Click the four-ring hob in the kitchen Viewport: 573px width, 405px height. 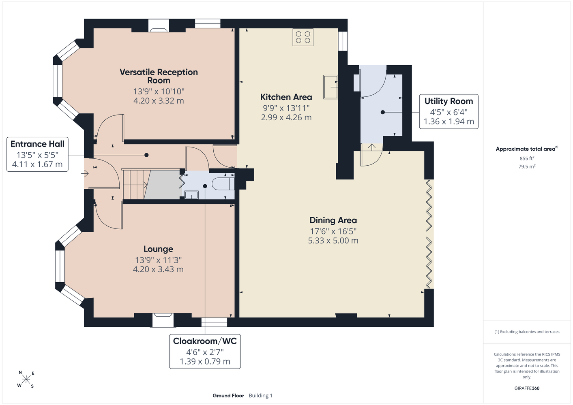pyautogui.click(x=303, y=37)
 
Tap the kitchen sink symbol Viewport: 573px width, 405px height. pyautogui.click(x=330, y=87)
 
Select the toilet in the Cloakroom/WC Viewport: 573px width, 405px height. pyautogui.click(x=223, y=184)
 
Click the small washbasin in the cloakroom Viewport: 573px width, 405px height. pyautogui.click(x=191, y=195)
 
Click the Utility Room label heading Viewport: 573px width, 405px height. pyautogui.click(x=449, y=101)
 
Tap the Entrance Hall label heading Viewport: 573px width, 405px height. pyautogui.click(x=37, y=144)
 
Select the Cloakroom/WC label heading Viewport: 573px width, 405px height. pyautogui.click(x=205, y=341)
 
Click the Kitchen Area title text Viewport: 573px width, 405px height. pyautogui.click(x=286, y=97)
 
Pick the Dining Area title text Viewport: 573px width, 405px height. pyautogui.click(x=333, y=220)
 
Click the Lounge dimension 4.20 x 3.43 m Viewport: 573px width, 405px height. pyautogui.click(x=158, y=269)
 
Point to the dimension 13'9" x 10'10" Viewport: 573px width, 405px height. pyautogui.click(x=159, y=91)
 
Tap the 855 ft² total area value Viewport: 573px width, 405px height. pyautogui.click(x=527, y=158)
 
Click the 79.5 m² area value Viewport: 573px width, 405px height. pyautogui.click(x=527, y=166)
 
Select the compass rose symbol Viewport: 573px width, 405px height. pyautogui.click(x=26, y=379)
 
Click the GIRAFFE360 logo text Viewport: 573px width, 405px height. pyautogui.click(x=527, y=388)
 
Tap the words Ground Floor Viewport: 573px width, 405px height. pyautogui.click(x=228, y=396)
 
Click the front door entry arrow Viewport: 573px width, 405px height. pyautogui.click(x=85, y=174)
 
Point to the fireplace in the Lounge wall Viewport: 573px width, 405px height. pyautogui.click(x=163, y=320)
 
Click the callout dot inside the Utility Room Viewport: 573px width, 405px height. pyautogui.click(x=383, y=112)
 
